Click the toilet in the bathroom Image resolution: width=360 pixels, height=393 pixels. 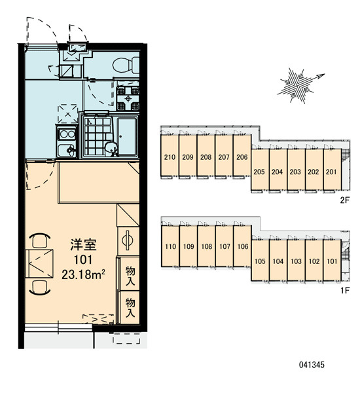(126, 64)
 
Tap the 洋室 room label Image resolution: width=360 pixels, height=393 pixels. (83, 245)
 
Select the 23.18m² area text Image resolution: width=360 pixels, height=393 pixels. (83, 274)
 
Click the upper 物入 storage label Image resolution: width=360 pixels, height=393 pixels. (130, 275)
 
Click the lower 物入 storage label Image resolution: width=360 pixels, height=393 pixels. (130, 307)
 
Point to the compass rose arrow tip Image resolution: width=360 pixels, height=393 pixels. (325, 74)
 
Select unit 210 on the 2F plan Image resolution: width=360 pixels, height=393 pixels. (170, 157)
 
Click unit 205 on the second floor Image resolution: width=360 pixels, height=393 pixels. (259, 172)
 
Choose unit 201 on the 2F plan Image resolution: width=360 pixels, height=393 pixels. (331, 172)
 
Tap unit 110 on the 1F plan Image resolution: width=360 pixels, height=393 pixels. (170, 246)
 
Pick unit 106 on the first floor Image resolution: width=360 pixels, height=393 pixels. (242, 246)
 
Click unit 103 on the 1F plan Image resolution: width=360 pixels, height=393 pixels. (296, 261)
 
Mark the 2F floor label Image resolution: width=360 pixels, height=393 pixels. (344, 200)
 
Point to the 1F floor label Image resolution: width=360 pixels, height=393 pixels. (345, 290)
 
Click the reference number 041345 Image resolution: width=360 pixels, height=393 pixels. (312, 364)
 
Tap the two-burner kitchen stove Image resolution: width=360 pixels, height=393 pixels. (67, 135)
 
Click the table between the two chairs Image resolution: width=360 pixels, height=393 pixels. (39, 263)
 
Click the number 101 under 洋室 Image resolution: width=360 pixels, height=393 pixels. (83, 259)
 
